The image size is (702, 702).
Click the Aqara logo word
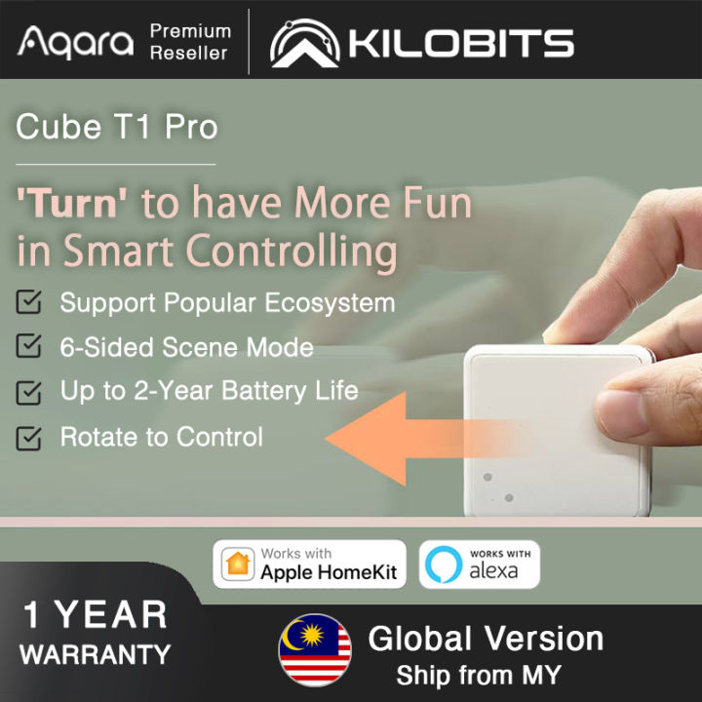point(76,42)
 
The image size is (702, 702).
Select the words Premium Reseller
point(190,41)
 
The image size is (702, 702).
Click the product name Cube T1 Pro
point(117,127)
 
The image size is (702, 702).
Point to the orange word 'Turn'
point(73,204)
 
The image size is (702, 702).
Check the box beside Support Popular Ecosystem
point(30,302)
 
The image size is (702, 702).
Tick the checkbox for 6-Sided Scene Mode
point(30,347)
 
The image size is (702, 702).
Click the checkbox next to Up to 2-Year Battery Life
point(30,392)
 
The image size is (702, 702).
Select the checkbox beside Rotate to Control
point(30,438)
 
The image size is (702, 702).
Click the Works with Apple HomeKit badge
point(309,565)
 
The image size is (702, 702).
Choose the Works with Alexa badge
point(479,565)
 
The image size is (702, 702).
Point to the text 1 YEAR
point(96,615)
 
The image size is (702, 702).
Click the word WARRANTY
point(96,655)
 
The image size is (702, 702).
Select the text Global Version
point(486,639)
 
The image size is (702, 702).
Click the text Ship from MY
point(478,675)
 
